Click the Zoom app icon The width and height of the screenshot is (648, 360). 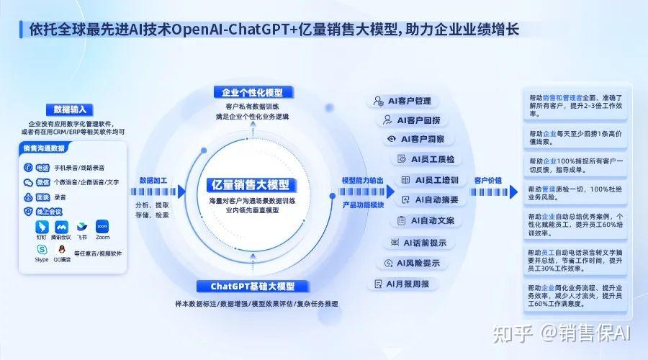(102, 225)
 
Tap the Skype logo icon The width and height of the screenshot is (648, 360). (41, 249)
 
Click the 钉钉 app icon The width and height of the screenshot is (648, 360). (41, 225)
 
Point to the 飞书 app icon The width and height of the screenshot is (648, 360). (82, 225)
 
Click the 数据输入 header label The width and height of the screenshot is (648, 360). (70, 109)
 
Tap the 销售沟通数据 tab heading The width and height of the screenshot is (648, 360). (45, 148)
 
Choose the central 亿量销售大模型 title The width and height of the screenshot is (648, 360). (247, 184)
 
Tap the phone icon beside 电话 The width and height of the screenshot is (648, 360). (27, 167)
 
